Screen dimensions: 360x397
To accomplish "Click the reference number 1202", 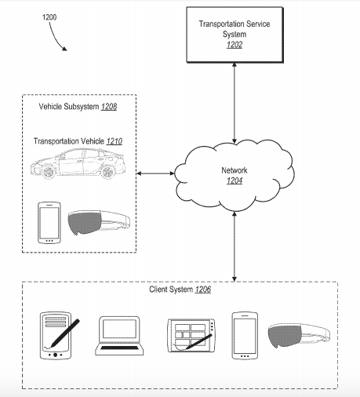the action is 235,45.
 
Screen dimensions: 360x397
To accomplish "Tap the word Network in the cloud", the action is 235,170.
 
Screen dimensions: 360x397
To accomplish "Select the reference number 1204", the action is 235,180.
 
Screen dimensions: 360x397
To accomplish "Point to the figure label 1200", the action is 49,17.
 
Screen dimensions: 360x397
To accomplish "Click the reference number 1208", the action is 109,107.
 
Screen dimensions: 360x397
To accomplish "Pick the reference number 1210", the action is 115,141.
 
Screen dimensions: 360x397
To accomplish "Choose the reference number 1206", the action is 203,290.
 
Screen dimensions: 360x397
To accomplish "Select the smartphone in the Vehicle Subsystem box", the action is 49,223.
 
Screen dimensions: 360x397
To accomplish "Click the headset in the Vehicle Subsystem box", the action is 99,223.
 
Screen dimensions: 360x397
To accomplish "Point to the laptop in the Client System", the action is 119,336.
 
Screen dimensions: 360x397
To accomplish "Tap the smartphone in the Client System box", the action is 245,336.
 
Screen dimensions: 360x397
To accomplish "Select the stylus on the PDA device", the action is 64,333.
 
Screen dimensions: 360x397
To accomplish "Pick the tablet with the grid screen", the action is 191,336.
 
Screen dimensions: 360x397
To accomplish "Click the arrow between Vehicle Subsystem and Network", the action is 155,173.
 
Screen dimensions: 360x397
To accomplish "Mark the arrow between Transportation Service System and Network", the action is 235,103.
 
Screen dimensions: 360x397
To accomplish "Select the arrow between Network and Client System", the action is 235,246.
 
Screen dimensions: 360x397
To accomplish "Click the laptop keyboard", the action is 119,348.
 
